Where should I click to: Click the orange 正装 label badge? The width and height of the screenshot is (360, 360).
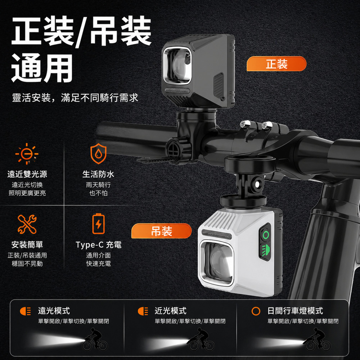[276, 64]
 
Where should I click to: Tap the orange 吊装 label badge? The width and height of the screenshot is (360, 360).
[161, 231]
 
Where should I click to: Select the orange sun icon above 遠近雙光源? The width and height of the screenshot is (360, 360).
[27, 154]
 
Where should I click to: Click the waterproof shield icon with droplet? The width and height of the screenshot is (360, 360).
[98, 153]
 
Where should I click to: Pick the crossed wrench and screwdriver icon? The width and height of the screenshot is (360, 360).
[27, 224]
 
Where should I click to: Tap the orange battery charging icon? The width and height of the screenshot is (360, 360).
[98, 224]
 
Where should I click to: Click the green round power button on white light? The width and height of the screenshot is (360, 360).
[266, 235]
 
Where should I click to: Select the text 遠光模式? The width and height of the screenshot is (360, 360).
[54, 311]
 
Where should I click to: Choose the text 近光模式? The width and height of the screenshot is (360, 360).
[170, 311]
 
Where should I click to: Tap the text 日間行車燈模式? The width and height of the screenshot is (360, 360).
[295, 311]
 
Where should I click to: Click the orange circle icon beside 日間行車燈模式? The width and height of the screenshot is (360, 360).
[256, 311]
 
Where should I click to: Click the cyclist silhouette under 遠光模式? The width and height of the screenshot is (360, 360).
[95, 339]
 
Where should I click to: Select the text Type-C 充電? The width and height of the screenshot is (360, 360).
[99, 245]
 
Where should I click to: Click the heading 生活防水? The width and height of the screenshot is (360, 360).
[98, 174]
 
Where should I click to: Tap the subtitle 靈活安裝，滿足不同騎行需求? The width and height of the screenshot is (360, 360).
[75, 98]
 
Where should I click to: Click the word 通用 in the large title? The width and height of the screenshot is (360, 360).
[42, 68]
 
